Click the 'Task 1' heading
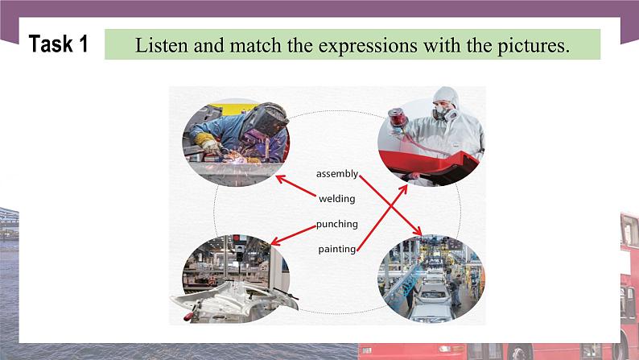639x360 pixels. tap(59, 44)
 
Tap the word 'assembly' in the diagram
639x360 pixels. tap(336, 174)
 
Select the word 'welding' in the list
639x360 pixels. tap(336, 198)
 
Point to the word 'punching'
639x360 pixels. tap(336, 224)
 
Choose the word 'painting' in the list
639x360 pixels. tap(336, 249)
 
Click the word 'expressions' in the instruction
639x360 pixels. tap(347, 45)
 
